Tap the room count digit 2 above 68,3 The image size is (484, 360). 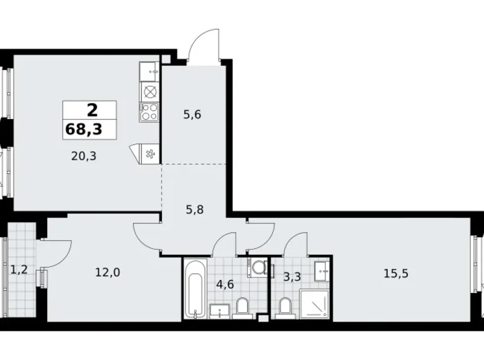point(91,110)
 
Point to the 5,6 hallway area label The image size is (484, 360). point(192,114)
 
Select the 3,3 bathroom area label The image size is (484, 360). point(292,277)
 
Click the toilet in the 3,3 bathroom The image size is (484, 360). point(285,307)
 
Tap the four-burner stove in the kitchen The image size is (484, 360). point(150,111)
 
